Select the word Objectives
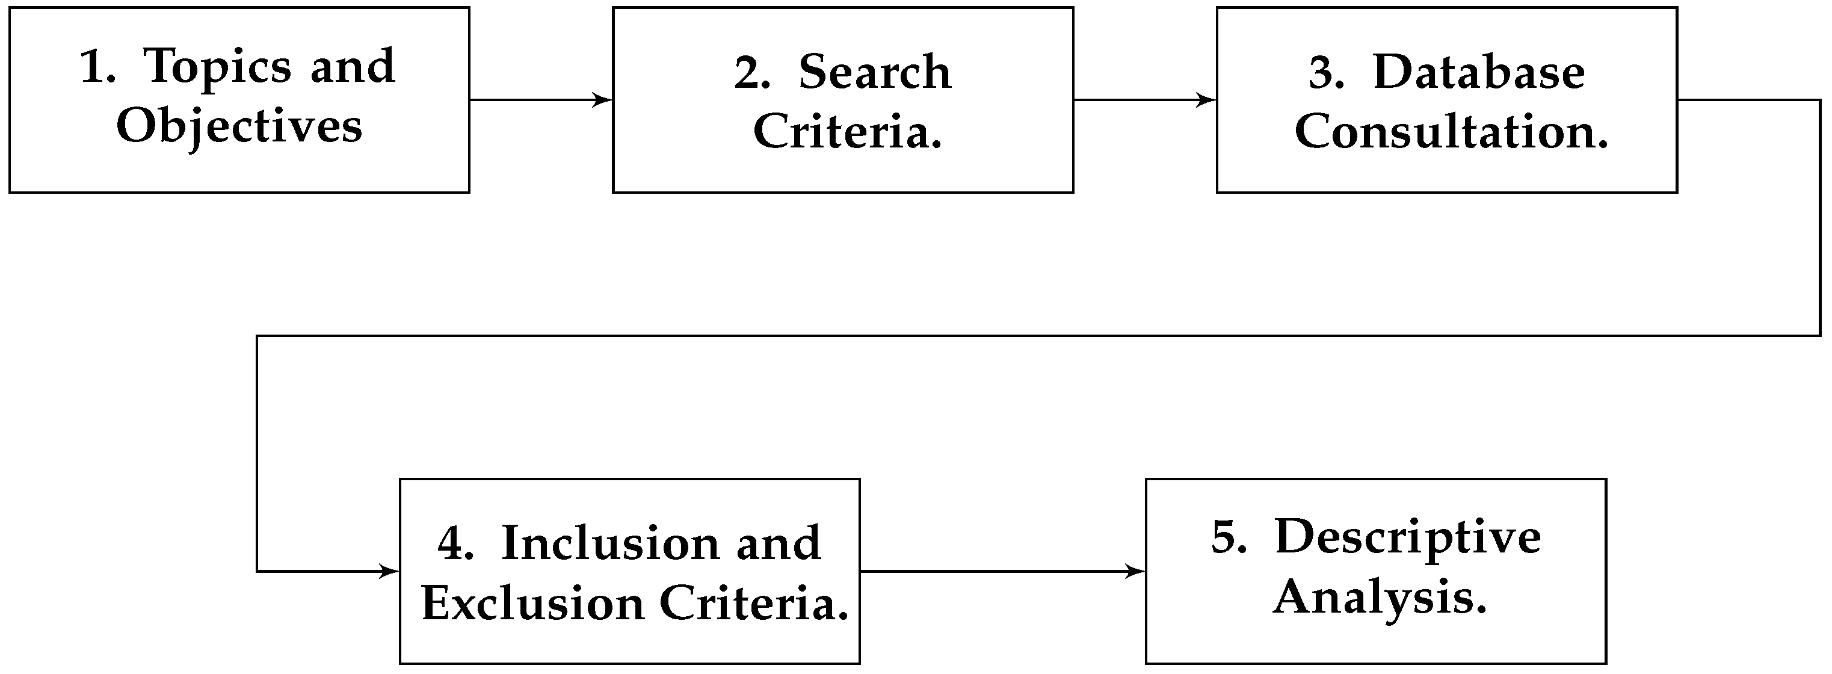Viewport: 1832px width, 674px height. click(x=239, y=127)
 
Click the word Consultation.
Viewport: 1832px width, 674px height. click(x=1451, y=132)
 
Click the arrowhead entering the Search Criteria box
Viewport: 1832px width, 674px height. click(x=604, y=100)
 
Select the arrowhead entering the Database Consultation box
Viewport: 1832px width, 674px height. click(x=1207, y=100)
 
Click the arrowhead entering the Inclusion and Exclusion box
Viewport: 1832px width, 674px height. click(x=390, y=571)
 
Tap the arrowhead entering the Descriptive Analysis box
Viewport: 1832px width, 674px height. click(x=1137, y=571)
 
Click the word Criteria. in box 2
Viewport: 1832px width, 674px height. click(x=847, y=132)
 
